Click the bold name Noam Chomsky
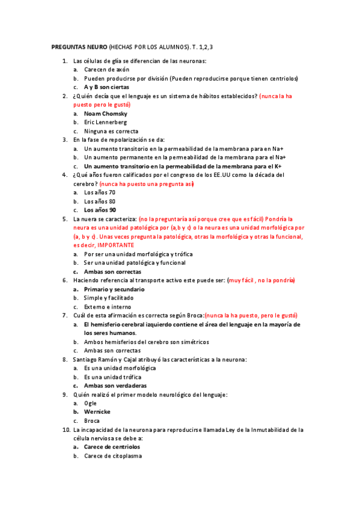click(x=106, y=114)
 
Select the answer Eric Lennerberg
click(x=105, y=122)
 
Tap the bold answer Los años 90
click(x=100, y=210)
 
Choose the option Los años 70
click(x=100, y=192)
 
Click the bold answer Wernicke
click(x=97, y=412)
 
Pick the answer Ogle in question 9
click(x=90, y=403)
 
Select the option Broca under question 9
click(x=92, y=421)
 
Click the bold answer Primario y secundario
click(x=114, y=289)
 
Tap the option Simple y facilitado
click(x=109, y=298)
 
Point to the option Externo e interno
click(x=108, y=307)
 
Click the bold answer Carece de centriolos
click(x=112, y=447)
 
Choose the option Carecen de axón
click(x=106, y=70)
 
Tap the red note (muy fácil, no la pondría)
click(x=261, y=280)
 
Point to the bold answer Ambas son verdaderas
click(x=115, y=386)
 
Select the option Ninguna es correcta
click(x=111, y=131)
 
